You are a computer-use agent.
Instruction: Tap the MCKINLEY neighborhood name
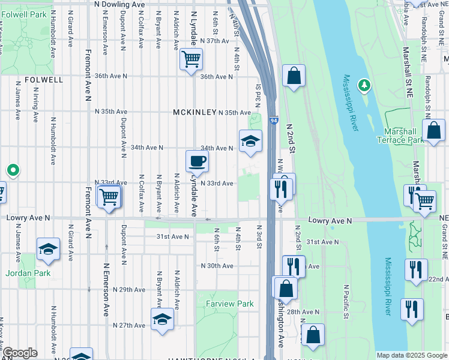194,112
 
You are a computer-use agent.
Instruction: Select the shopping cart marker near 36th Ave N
191,59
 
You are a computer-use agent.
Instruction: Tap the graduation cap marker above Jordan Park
48,249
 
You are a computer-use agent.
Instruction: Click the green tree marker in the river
364,86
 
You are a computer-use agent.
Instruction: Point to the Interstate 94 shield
273,121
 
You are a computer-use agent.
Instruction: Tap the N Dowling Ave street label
121,4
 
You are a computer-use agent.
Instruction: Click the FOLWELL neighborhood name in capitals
44,79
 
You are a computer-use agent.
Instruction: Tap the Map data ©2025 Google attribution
411,355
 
